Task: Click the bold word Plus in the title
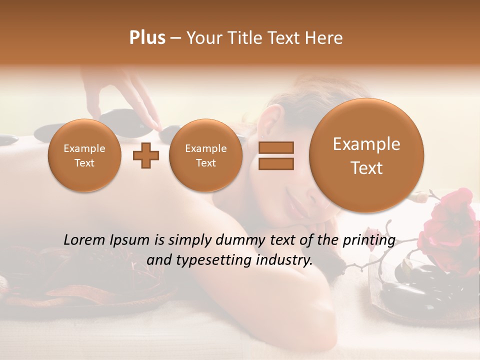tap(147, 37)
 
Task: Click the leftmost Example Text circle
tap(84, 155)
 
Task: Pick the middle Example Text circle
tap(205, 155)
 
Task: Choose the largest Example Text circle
tap(366, 155)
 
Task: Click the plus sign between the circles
tap(145, 155)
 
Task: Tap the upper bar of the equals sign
tap(275, 147)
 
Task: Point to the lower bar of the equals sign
tap(275, 164)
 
